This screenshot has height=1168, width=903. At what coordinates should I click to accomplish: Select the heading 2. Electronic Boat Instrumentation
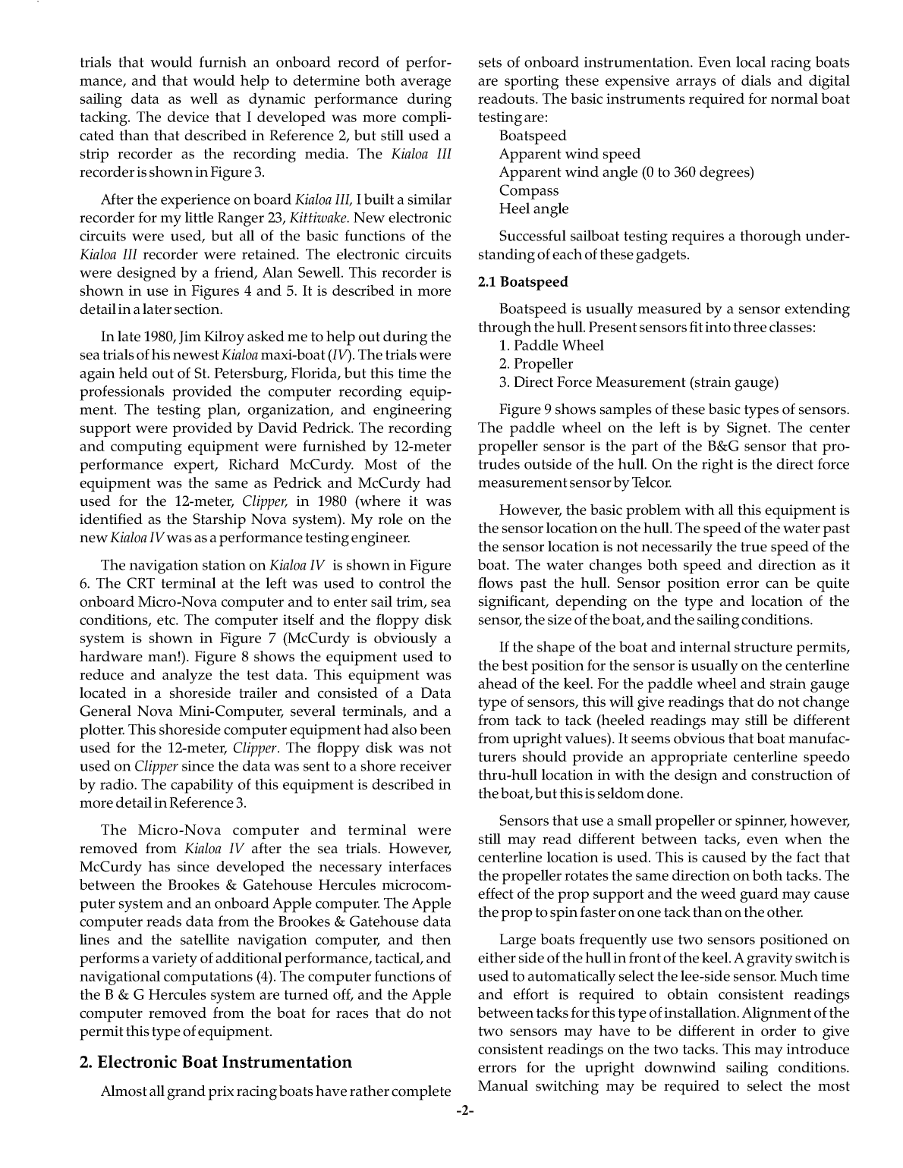click(x=216, y=1062)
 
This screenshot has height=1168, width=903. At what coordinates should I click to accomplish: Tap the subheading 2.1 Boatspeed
click(x=523, y=282)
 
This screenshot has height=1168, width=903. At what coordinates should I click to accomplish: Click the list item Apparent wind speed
click(x=569, y=154)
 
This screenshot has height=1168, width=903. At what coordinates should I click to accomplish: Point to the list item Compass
click(x=528, y=190)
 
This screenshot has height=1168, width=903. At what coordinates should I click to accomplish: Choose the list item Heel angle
click(x=533, y=209)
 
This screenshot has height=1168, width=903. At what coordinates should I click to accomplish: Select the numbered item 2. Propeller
click(x=536, y=364)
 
